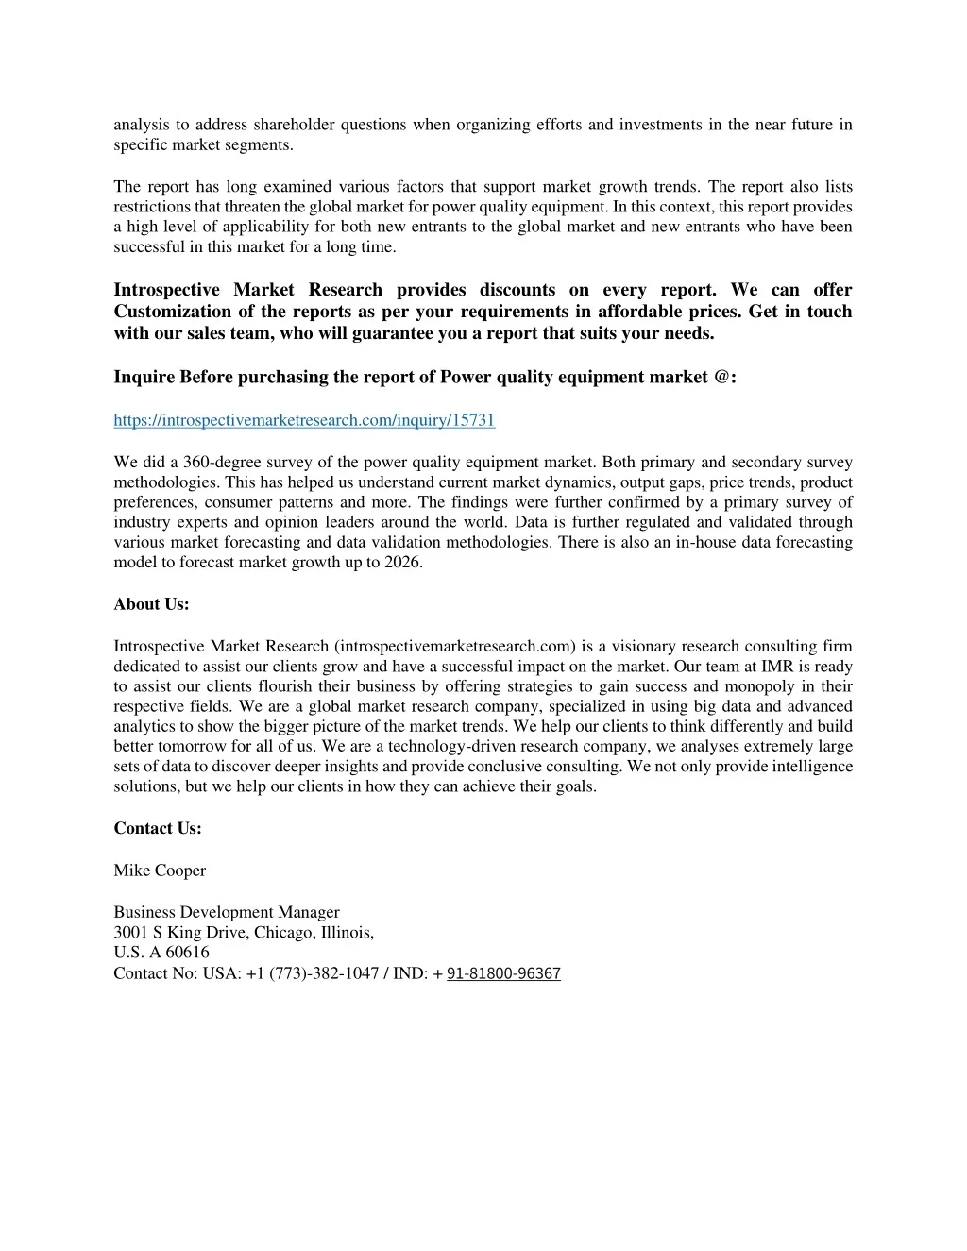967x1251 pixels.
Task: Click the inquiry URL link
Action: click(304, 420)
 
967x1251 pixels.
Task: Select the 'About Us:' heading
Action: click(151, 604)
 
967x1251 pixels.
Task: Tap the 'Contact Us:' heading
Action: click(158, 828)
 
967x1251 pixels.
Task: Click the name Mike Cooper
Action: click(160, 871)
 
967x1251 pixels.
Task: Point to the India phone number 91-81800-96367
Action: click(503, 973)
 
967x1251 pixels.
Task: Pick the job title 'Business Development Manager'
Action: click(227, 912)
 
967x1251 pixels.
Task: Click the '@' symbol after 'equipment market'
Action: click(722, 377)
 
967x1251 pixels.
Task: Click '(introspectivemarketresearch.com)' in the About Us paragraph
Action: click(454, 647)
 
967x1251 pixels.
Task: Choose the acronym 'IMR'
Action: click(780, 667)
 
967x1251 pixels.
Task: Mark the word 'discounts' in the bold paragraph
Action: click(517, 290)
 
